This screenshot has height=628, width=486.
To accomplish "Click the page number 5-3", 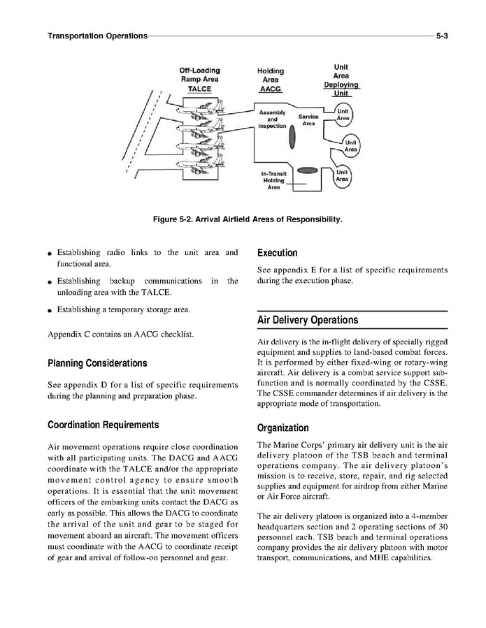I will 441,34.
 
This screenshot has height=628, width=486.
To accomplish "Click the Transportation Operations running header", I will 97,34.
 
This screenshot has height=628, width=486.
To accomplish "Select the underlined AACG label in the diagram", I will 270,90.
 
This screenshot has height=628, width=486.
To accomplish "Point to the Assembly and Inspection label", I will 272,119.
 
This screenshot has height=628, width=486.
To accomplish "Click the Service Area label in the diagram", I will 308,119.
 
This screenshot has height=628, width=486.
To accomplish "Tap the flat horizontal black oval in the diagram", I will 308,170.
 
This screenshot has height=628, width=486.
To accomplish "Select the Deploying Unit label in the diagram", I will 341,89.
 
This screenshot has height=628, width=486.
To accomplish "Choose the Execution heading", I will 278,254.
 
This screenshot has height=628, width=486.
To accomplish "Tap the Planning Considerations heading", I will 97,364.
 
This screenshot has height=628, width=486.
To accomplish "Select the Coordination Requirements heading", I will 103,425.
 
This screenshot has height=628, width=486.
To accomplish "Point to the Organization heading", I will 283,428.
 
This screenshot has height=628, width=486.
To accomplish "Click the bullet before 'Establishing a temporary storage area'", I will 50,310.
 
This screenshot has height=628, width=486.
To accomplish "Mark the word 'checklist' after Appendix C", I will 176,334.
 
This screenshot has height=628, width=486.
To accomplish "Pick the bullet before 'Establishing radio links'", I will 50,253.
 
